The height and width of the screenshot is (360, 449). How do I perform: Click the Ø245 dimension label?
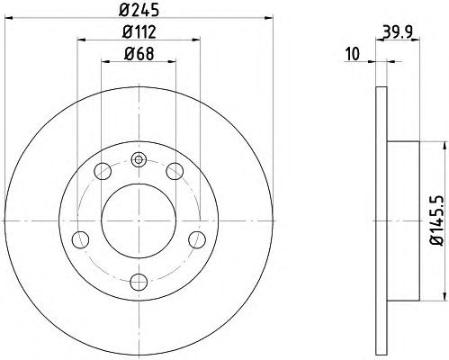coord(139,10)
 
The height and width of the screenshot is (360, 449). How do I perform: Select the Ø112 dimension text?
coord(139,31)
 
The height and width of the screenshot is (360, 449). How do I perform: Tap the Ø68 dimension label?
coord(139,54)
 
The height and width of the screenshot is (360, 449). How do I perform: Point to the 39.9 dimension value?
coord(398,31)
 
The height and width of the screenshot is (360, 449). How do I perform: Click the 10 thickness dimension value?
coord(353,54)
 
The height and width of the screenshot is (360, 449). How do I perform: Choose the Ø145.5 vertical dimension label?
coord(436,220)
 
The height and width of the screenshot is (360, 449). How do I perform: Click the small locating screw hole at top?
coord(139,159)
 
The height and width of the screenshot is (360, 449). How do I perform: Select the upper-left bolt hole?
coord(103,171)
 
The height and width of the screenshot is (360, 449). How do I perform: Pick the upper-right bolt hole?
coord(175,171)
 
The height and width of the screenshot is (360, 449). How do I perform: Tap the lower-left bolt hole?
coord(80,239)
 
